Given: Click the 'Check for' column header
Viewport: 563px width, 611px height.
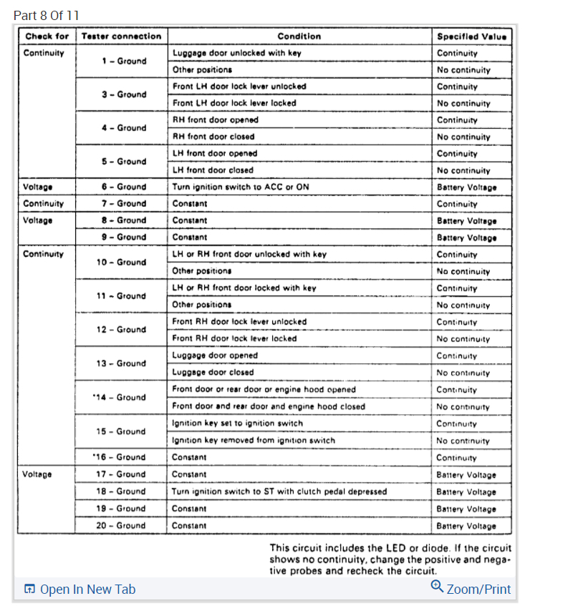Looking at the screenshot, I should (47, 36).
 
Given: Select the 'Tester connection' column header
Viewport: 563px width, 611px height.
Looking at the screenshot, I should (121, 36).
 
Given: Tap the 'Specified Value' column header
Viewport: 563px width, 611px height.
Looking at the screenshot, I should (471, 36).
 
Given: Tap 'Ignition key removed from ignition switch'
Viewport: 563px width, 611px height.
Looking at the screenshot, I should (254, 440).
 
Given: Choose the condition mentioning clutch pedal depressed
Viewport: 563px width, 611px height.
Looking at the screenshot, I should (279, 492).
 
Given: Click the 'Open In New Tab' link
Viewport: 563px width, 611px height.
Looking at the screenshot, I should (80, 590).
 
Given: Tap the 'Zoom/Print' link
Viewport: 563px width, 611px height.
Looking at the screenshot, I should (478, 590).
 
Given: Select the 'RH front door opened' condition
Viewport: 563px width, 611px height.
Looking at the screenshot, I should (215, 119).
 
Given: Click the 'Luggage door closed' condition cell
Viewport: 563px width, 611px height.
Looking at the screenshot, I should (213, 372).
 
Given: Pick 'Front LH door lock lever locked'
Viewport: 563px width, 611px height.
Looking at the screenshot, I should (234, 103).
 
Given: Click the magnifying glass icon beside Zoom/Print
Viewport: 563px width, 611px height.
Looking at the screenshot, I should (437, 587).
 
